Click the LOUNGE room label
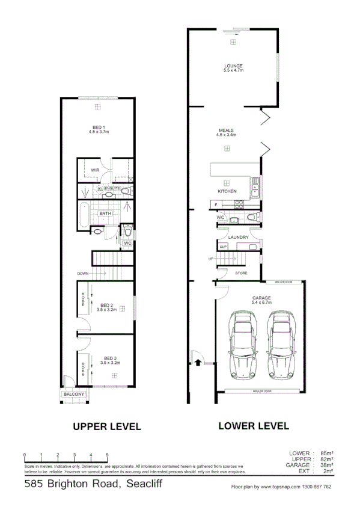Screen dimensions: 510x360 pos(233,66)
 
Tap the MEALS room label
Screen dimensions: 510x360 pos(226,130)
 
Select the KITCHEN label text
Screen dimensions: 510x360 pos(227,191)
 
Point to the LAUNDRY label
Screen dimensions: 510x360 pos(239,237)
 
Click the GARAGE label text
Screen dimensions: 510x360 pos(262,298)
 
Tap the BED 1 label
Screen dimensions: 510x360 pos(99,127)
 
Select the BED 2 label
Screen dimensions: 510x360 pos(108,304)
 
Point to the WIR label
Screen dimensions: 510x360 pos(94,170)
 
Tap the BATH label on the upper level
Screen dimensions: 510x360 pos(105,213)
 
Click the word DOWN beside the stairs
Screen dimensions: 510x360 pos(83,273)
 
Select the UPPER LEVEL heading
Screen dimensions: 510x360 pos(106,426)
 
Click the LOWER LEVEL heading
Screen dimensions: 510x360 pos(253,426)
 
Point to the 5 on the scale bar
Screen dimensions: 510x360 pos(107,455)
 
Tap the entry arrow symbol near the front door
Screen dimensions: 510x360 pos(197,363)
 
